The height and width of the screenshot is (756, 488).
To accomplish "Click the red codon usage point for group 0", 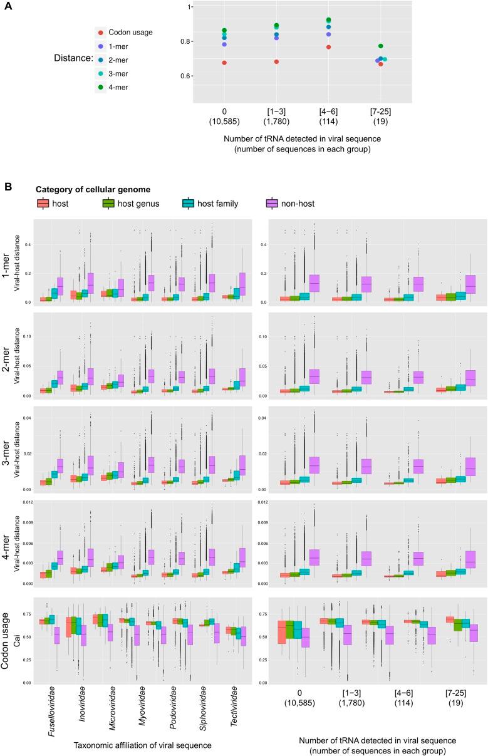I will click(224, 63).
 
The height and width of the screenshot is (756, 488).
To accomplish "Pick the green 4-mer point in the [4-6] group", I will click(328, 20).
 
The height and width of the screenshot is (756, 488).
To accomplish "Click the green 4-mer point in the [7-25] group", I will click(380, 46).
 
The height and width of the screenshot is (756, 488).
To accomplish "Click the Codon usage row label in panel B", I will click(11, 639).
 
